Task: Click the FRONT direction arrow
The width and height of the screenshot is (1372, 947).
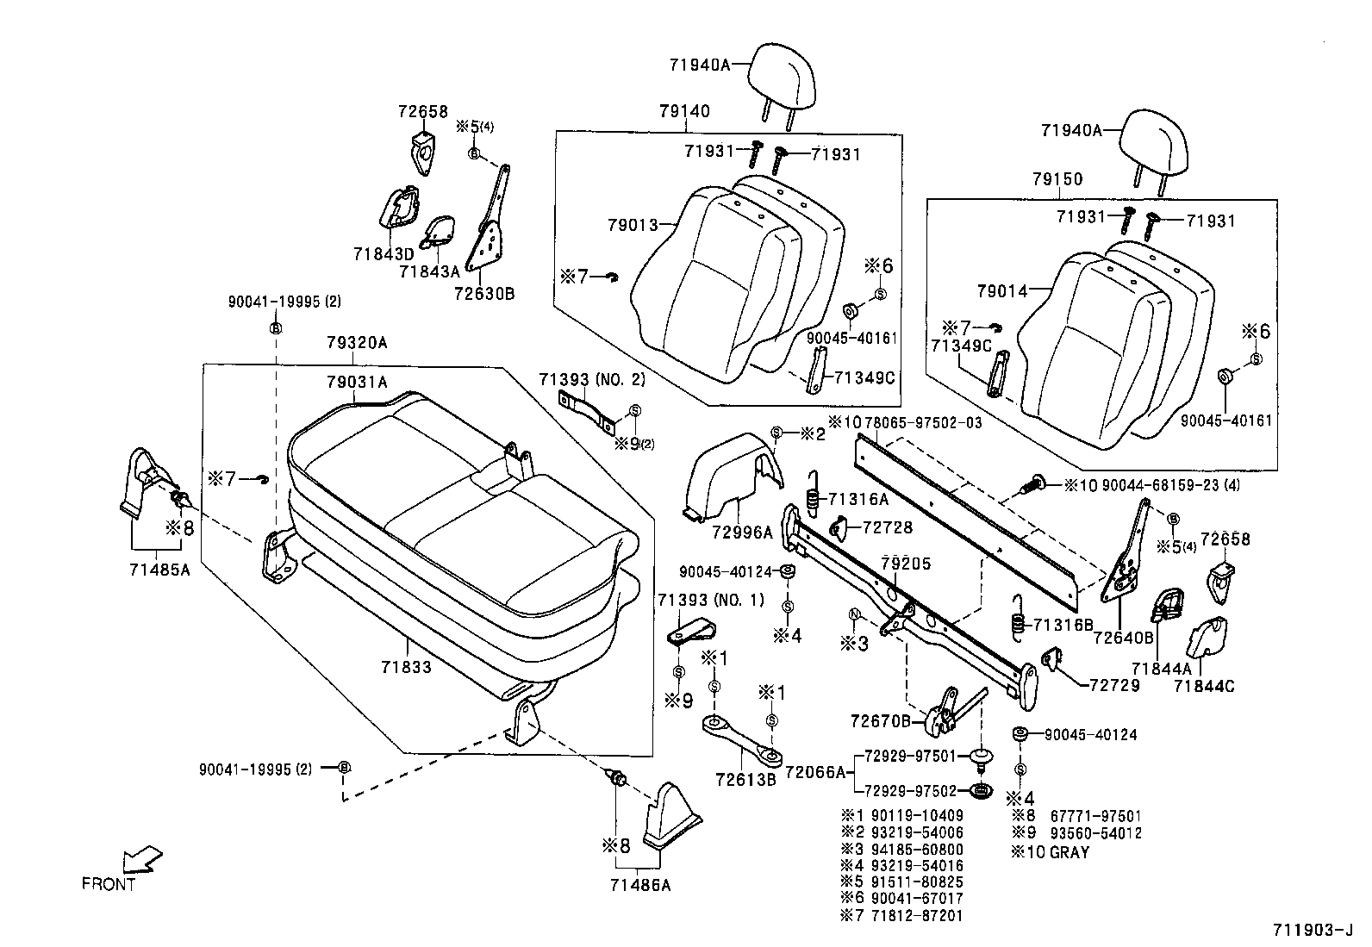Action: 142,861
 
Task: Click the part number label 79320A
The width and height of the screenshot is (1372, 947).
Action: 357,343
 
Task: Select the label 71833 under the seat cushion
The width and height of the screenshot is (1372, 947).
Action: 404,666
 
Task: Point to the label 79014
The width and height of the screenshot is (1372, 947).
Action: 1002,292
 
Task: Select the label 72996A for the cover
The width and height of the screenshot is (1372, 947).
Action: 742,533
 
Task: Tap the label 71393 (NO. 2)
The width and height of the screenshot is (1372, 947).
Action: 591,379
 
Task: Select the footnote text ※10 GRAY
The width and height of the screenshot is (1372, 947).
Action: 1051,852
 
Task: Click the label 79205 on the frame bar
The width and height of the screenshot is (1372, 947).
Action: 906,564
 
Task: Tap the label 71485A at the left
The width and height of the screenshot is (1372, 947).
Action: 159,569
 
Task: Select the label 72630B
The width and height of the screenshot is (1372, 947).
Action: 483,294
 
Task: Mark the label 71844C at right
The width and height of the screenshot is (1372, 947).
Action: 1203,686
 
